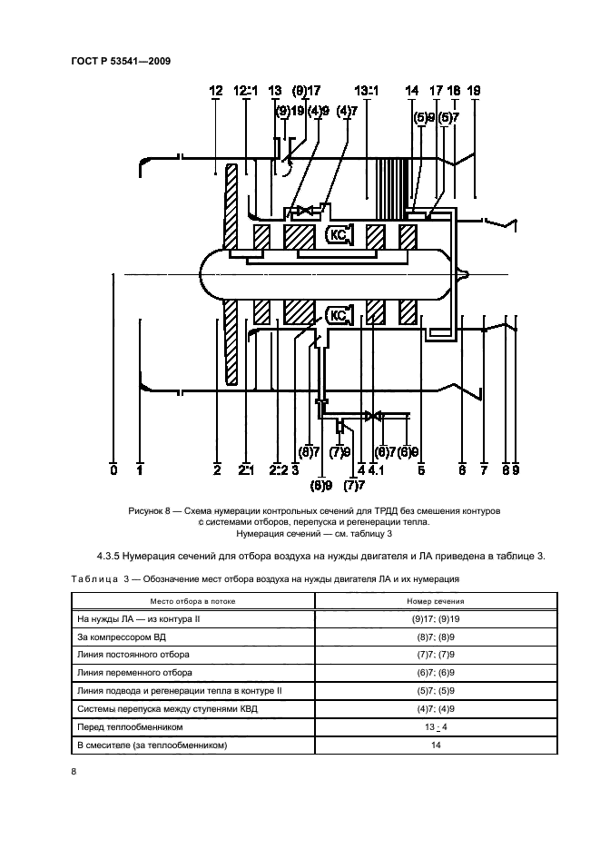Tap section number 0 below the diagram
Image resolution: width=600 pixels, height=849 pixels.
113,470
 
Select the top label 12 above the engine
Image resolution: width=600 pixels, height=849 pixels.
216,90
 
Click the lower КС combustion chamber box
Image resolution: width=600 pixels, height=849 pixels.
339,315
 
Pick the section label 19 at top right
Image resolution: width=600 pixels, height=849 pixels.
474,90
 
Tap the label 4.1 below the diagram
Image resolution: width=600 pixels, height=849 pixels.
378,470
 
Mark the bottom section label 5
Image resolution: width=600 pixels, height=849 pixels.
421,470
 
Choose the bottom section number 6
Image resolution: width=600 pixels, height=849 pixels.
461,470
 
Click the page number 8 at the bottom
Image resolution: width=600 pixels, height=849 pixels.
74,773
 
